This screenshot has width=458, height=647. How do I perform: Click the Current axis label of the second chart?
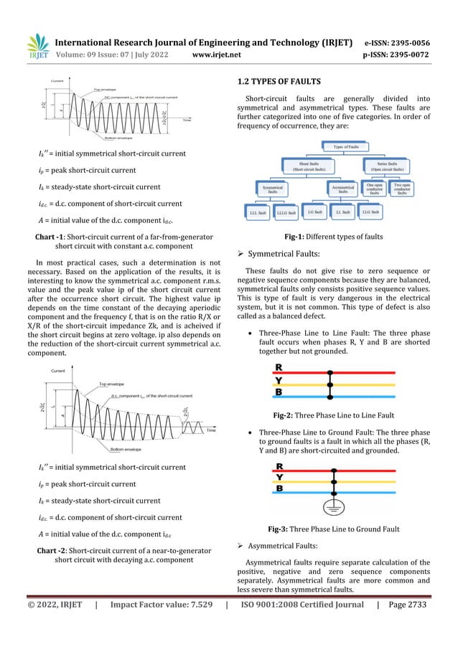(61, 371)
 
